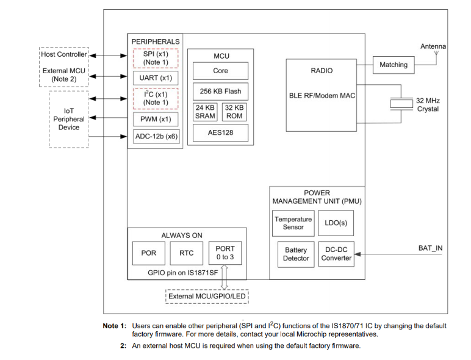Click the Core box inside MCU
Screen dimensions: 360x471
click(x=220, y=71)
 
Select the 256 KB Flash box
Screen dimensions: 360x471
click(x=220, y=92)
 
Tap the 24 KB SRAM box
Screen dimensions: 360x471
click(x=205, y=112)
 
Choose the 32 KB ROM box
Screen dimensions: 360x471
click(x=235, y=112)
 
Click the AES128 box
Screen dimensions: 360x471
click(x=220, y=132)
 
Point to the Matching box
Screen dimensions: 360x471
click(x=394, y=65)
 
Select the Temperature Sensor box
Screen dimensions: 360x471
click(x=293, y=223)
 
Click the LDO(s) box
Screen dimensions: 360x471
click(x=336, y=223)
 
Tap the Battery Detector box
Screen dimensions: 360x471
click(x=296, y=254)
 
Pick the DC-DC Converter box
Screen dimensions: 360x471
click(x=336, y=254)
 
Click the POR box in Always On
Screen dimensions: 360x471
click(x=148, y=253)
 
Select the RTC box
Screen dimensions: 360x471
click(x=186, y=253)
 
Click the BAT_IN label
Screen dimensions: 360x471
click(x=430, y=248)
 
